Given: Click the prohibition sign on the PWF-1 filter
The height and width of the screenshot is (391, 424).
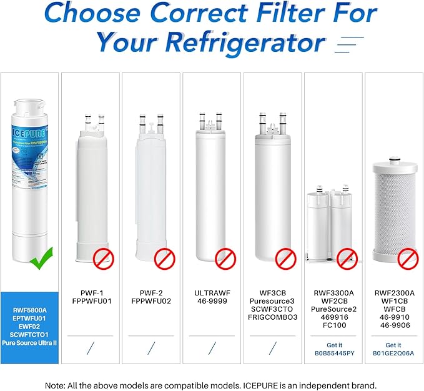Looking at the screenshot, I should pyautogui.click(x=104, y=258).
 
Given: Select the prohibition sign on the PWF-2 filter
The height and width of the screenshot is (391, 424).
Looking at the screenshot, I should pyautogui.click(x=164, y=258).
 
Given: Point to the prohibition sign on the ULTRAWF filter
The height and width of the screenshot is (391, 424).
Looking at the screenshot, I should pyautogui.click(x=225, y=258).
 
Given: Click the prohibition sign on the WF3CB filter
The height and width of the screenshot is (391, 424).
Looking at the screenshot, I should pyautogui.click(x=286, y=258).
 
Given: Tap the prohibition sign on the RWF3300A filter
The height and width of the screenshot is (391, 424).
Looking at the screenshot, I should pyautogui.click(x=347, y=258).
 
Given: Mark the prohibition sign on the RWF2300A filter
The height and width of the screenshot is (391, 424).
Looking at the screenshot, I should pyautogui.click(x=408, y=258).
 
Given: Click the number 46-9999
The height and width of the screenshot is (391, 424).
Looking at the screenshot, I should pyautogui.click(x=212, y=300).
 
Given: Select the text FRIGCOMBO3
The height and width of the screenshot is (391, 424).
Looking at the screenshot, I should pyautogui.click(x=273, y=317).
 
